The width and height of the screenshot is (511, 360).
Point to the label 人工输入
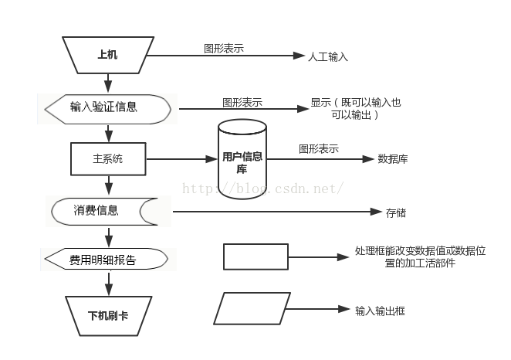tap(328, 56)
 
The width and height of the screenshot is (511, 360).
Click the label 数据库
tap(393, 160)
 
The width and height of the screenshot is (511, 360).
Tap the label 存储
tap(396, 212)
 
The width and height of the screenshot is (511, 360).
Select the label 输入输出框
tap(381, 311)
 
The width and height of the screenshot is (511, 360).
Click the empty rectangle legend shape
tap(255, 257)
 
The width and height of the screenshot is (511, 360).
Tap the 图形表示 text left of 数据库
tap(319, 149)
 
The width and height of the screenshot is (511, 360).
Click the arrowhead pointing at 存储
tap(370, 212)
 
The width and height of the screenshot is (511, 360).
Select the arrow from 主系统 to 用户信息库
tap(179, 159)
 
